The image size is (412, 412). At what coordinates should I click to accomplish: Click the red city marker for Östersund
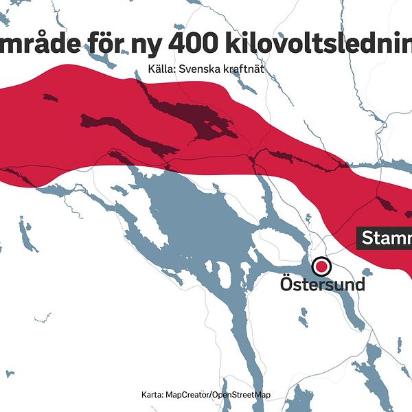click(x=321, y=266)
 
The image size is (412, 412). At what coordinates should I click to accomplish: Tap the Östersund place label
click(x=322, y=283)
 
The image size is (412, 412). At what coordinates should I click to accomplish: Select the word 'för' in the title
click(x=117, y=43)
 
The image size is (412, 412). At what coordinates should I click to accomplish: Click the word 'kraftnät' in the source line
click(x=242, y=69)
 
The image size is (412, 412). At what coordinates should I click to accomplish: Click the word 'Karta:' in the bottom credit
click(x=152, y=395)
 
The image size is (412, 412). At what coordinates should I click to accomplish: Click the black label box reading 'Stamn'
click(x=385, y=238)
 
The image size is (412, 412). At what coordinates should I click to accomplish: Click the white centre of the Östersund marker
click(x=321, y=266)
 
